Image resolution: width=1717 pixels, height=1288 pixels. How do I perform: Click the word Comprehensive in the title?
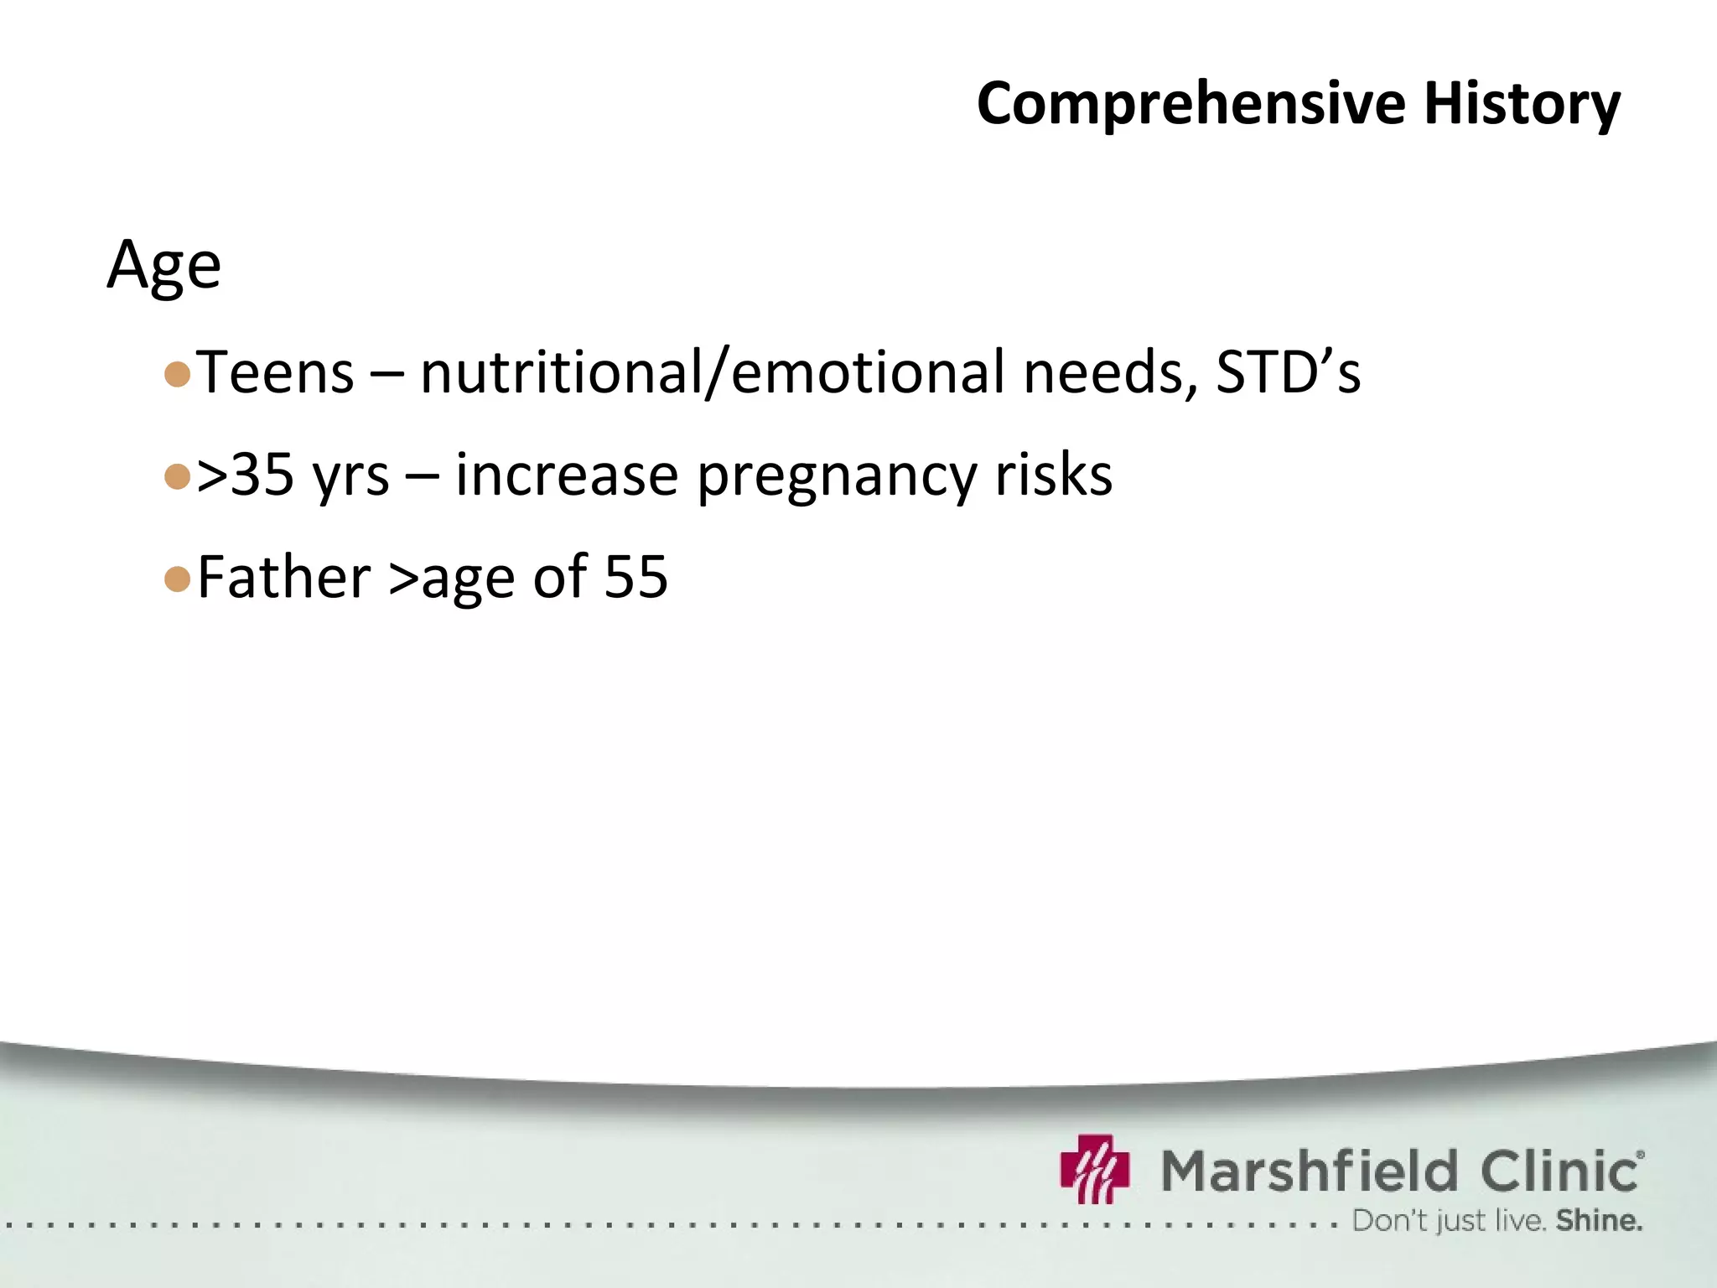point(1190,103)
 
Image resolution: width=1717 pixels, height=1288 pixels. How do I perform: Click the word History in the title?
point(1522,103)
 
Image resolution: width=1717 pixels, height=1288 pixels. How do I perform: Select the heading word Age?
point(164,266)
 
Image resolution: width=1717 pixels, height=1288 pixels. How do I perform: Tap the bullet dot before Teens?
point(178,374)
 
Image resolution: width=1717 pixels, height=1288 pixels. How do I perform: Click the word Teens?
point(275,372)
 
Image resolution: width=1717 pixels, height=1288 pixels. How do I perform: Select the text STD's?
point(1288,372)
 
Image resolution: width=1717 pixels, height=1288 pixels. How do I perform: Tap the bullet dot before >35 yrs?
point(178,477)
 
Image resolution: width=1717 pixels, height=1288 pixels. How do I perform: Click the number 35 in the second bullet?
point(262,475)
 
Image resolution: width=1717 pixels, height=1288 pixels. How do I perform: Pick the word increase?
point(566,475)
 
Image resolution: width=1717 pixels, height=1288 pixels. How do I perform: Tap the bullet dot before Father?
point(178,579)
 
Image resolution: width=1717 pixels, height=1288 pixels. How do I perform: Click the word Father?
point(283,578)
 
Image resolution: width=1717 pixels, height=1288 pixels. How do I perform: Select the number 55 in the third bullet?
point(635,578)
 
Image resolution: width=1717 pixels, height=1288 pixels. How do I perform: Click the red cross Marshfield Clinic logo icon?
point(1095,1169)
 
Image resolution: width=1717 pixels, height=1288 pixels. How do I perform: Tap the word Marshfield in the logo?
point(1310,1171)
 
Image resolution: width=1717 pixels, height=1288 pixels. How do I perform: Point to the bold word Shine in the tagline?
point(1598,1221)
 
